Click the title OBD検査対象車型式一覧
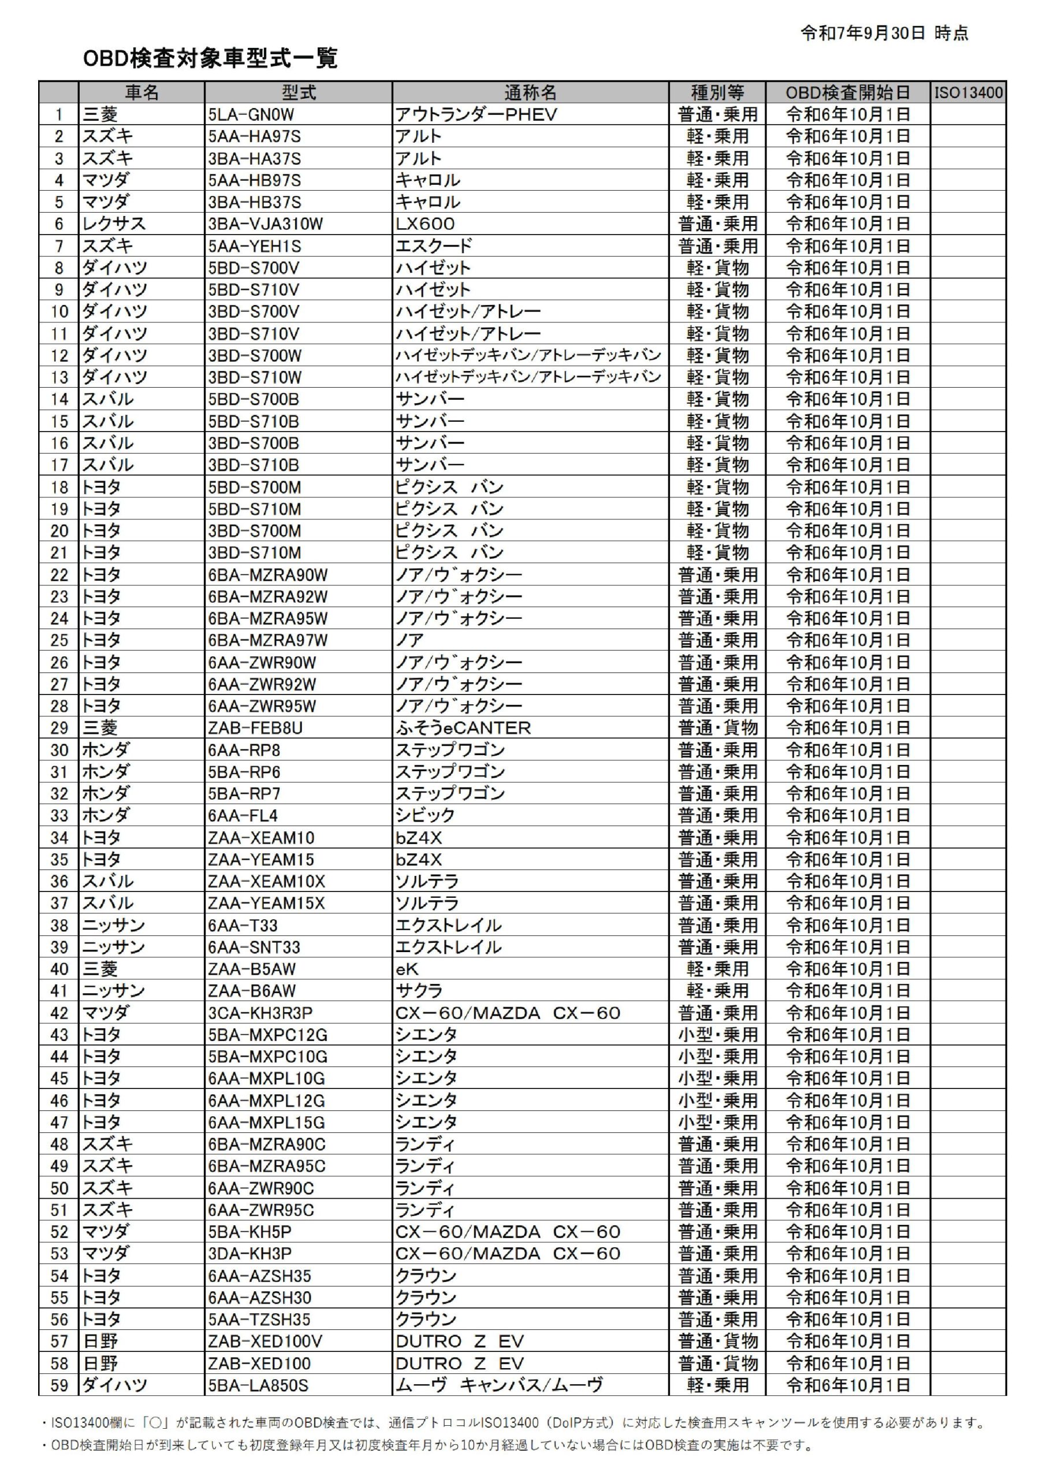coord(210,58)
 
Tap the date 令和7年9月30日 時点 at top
coord(884,34)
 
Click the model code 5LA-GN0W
coord(251,114)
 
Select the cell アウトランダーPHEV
coord(476,114)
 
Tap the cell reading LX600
coord(425,224)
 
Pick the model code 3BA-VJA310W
coord(266,224)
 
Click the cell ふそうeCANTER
coord(463,728)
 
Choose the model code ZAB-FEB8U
coord(255,728)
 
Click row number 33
coord(59,816)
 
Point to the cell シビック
coord(425,816)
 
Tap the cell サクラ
coord(419,991)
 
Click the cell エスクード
coord(434,246)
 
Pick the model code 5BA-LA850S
coord(258,1385)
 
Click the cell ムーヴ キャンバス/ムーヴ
coord(500,1385)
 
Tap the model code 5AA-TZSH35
coord(259,1319)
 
